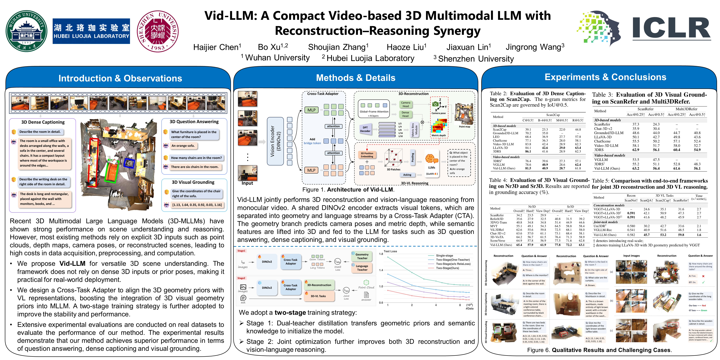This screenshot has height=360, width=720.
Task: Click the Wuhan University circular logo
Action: pos(27,31)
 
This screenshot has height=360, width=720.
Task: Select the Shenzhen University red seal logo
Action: pos(158,31)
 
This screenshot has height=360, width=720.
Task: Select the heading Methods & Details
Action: pos(355,78)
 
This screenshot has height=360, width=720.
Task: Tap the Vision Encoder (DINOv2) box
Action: pos(275,141)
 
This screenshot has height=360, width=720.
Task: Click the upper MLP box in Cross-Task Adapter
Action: pos(311,110)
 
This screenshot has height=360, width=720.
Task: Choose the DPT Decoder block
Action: pos(365,129)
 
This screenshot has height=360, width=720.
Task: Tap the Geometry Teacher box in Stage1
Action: pos(362,256)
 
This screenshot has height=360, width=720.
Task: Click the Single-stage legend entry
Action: pos(444,255)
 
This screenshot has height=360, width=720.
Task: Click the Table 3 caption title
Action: pos(649,98)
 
